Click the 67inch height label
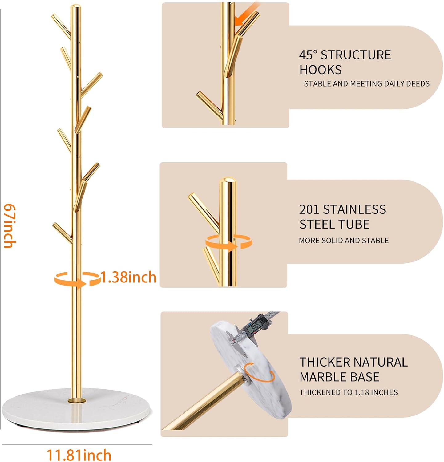coord(9,225)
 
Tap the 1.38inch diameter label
coord(128,277)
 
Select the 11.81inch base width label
coord(79,455)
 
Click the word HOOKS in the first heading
coord(321,70)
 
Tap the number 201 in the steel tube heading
coord(309,209)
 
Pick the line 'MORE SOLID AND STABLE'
coord(344,241)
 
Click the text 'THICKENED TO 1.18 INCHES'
coord(349,392)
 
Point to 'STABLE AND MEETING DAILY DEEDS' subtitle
coord(367,84)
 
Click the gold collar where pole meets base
coord(76,401)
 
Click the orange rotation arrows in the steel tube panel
coord(228,241)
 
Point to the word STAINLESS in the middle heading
coord(354,209)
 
